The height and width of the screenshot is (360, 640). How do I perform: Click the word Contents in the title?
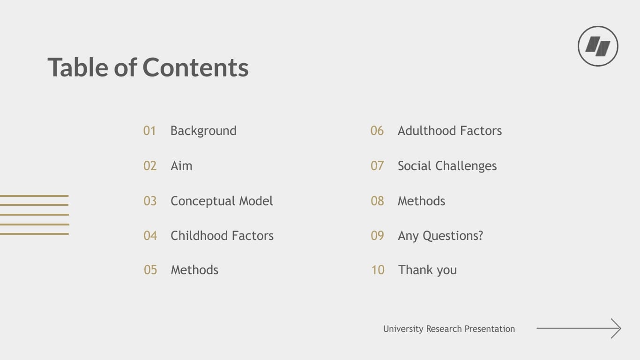point(195,67)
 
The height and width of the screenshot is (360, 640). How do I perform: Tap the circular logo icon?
point(598,46)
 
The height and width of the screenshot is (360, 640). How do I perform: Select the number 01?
point(149,131)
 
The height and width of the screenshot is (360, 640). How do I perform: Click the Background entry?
point(203,131)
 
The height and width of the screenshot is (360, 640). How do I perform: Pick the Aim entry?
point(181,166)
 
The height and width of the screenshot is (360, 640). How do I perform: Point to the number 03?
point(150,201)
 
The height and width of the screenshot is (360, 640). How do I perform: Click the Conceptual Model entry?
point(222,201)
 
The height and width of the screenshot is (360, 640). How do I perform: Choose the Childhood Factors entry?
point(222,236)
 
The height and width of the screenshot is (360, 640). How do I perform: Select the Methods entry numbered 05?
point(194,270)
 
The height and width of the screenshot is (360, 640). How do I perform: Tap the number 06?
point(377,131)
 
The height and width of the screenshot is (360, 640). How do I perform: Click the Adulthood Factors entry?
point(450,131)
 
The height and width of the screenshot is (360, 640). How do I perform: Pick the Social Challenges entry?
point(447,166)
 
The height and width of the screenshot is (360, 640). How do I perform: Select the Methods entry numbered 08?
point(421,201)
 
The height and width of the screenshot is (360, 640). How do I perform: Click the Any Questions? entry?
point(440,236)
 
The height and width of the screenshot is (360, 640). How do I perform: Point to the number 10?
point(378,270)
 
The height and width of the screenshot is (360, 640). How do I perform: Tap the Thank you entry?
point(427,270)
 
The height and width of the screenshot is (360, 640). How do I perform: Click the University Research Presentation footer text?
point(449,329)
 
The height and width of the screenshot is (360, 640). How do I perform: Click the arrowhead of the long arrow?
point(617,328)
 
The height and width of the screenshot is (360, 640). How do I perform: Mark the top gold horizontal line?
point(34,195)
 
